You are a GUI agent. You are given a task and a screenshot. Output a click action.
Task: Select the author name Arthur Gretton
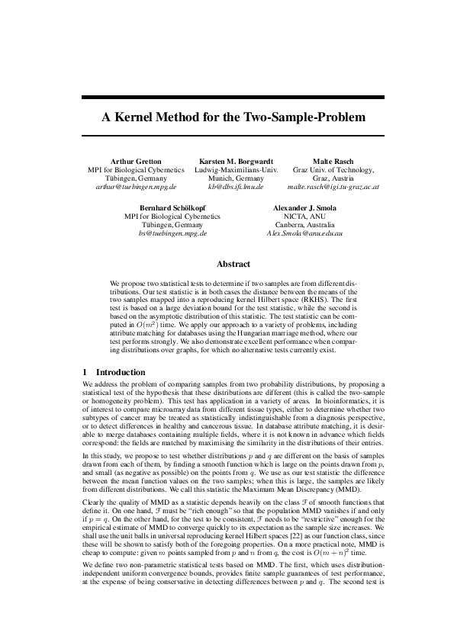pos(136,162)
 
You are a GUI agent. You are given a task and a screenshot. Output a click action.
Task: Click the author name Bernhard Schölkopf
pos(172,207)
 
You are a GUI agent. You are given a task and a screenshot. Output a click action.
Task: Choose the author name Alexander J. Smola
pos(304,207)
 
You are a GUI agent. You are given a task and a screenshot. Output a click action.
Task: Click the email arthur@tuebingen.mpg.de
pos(136,186)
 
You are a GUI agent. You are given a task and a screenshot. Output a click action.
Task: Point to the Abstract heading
pos(233,264)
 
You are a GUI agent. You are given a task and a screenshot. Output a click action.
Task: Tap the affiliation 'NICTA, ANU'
pos(304,216)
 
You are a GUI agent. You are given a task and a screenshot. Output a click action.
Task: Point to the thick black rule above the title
pos(227,98)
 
